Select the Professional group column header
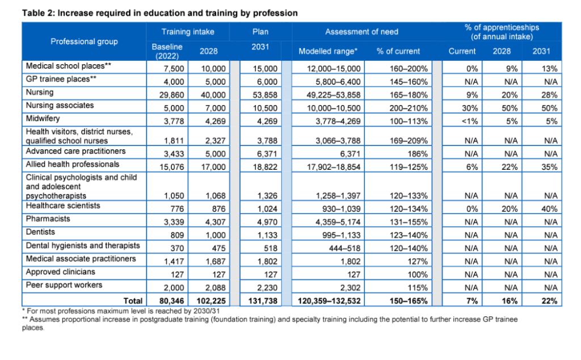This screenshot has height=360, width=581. [x=84, y=41]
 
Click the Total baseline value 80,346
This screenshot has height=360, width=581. [x=164, y=301]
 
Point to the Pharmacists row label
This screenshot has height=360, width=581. [x=47, y=219]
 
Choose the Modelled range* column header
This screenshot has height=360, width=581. [x=328, y=51]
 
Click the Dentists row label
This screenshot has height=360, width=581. [x=40, y=232]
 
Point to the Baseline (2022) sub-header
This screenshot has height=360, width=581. [x=165, y=51]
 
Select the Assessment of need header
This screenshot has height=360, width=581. [x=361, y=32]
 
